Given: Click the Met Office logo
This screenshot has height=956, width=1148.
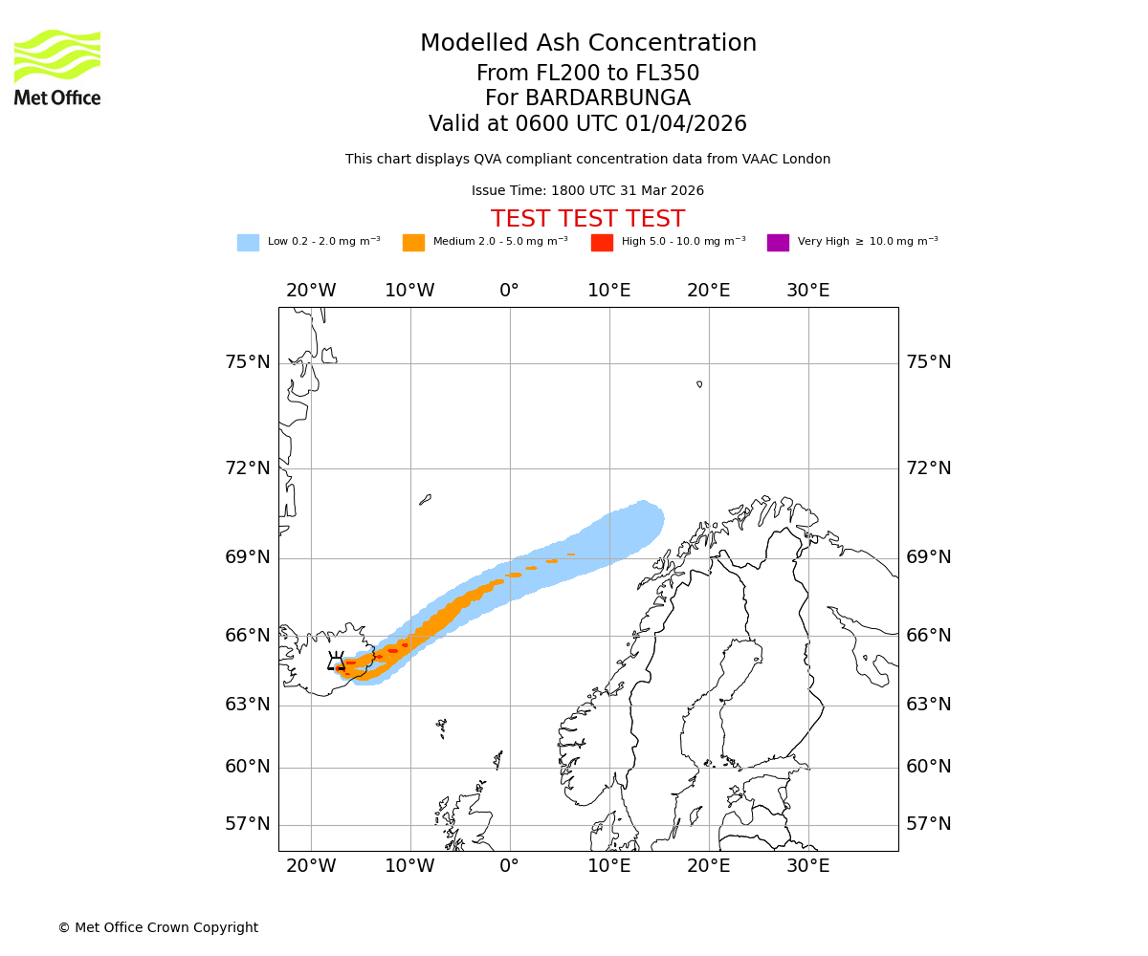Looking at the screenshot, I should tap(57, 67).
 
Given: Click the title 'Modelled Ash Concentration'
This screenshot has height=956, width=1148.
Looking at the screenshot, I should tap(588, 44).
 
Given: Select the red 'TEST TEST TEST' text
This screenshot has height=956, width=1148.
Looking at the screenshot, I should tap(587, 219).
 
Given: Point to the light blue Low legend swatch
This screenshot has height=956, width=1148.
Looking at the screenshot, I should tap(248, 243).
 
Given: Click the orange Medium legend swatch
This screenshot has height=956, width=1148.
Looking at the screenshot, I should tap(413, 243).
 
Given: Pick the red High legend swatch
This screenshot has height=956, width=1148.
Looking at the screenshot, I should tap(602, 243).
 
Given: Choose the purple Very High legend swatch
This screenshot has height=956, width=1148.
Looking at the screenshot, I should tap(778, 243).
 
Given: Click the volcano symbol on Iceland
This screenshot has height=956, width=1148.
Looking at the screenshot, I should tap(336, 662).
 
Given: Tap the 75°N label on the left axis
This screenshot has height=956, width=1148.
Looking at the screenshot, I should tap(248, 362).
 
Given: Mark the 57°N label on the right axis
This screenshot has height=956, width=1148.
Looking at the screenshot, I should tap(928, 824).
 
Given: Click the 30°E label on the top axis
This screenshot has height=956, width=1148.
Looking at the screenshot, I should tap(807, 291).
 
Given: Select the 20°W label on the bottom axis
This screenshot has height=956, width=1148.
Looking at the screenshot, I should tap(311, 866).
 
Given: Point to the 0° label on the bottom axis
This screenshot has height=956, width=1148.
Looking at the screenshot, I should tap(509, 866).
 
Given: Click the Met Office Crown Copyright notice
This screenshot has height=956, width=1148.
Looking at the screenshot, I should tap(158, 927).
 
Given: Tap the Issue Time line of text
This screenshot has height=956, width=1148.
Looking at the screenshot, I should tap(587, 191).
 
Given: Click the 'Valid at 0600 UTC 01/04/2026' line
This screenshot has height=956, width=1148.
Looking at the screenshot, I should tap(587, 124).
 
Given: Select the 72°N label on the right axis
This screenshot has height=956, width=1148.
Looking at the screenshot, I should tap(928, 468).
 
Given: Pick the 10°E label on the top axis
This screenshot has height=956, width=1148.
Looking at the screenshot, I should tap(608, 291).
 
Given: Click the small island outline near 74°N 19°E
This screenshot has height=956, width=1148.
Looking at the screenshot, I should tap(699, 384).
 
